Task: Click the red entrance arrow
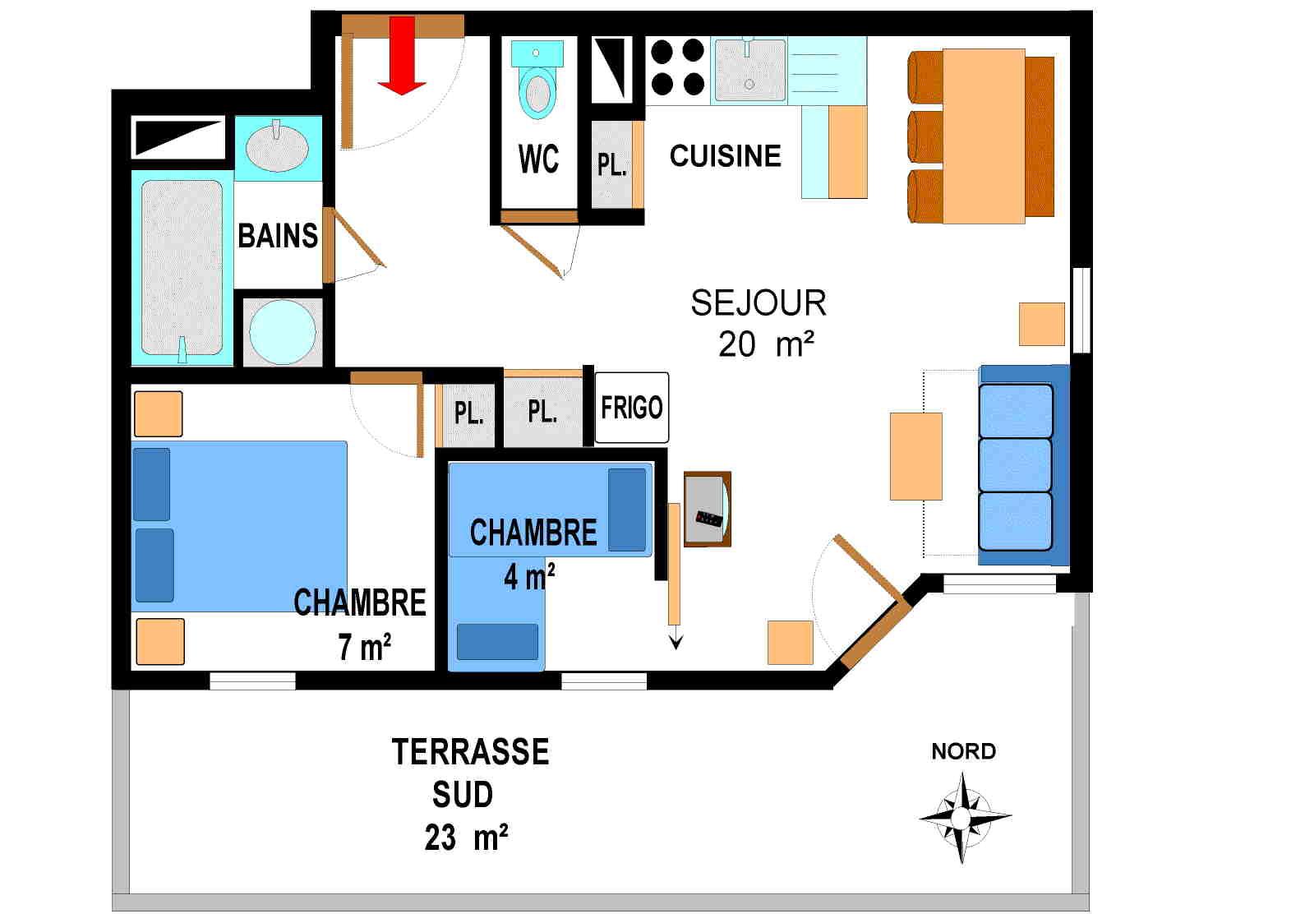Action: coord(401,56)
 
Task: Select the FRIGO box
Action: coord(631,408)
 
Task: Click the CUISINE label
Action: coord(725,156)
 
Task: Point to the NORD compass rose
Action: coord(963,815)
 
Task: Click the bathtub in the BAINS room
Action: coord(182,267)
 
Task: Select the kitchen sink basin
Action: coord(749,72)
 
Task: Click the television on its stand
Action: coord(706,510)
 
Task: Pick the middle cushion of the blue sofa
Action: coord(1016,465)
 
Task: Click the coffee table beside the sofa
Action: coord(915,456)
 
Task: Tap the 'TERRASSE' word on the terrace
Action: coord(470,752)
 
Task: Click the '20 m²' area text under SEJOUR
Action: coord(765,344)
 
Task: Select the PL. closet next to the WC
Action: coord(611,164)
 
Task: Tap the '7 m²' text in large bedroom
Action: coord(364,648)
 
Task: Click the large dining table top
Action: coord(983,136)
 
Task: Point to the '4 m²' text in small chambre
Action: coord(528,577)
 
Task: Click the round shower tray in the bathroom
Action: coord(282,332)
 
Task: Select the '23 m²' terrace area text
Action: coord(466,838)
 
